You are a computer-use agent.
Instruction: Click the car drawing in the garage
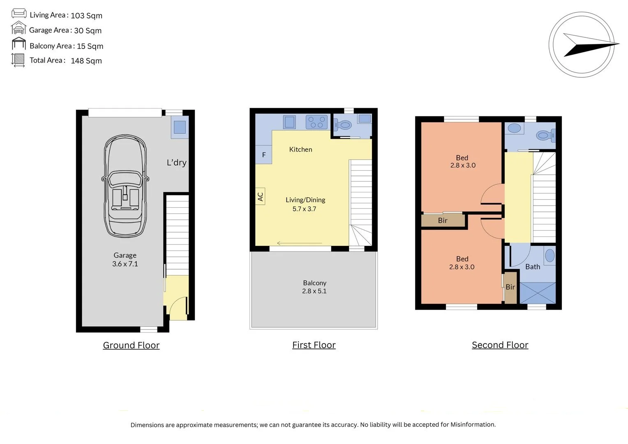pyautogui.click(x=125, y=186)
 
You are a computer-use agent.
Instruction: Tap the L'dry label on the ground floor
pyautogui.click(x=176, y=162)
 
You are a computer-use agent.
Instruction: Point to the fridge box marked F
pyautogui.click(x=263, y=155)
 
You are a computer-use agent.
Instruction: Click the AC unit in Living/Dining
pyautogui.click(x=260, y=197)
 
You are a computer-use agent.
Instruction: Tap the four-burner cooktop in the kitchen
pyautogui.click(x=316, y=122)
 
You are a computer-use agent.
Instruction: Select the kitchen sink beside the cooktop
pyautogui.click(x=289, y=122)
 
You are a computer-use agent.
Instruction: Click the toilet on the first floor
pyautogui.click(x=344, y=125)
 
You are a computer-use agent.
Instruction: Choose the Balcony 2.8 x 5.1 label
pyautogui.click(x=314, y=287)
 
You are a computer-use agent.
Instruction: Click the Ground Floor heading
pyautogui.click(x=131, y=345)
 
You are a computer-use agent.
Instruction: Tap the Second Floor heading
pyautogui.click(x=500, y=345)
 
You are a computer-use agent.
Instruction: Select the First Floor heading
pyautogui.click(x=314, y=345)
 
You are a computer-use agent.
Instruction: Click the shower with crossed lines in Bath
pyautogui.click(x=538, y=293)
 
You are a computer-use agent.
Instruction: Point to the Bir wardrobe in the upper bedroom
pyautogui.click(x=443, y=220)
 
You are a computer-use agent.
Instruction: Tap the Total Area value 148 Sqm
pyautogui.click(x=86, y=61)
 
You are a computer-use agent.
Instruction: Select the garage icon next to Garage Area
pyautogui.click(x=18, y=29)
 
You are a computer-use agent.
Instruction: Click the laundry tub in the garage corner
pyautogui.click(x=180, y=127)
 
